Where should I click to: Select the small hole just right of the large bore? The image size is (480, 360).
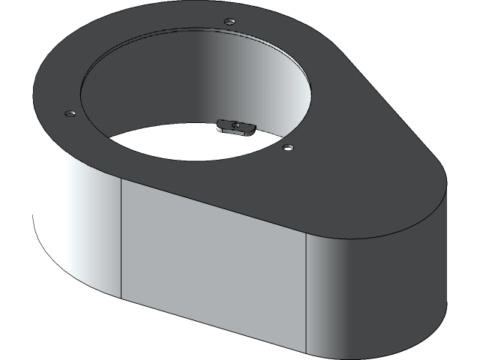coord(286,147)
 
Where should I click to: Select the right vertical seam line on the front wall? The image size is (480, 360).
coord(307,292)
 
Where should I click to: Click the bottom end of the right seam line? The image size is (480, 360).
coord(307,352)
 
